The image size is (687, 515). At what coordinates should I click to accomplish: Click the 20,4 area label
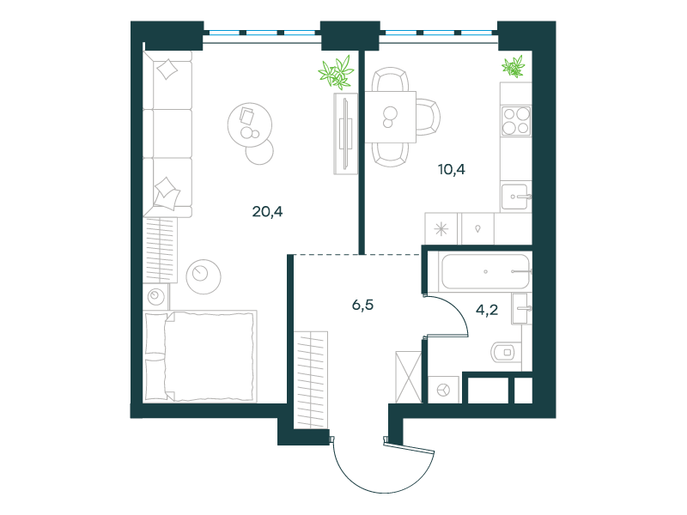pos(267,212)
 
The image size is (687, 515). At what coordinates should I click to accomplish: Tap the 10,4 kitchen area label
pos(452,169)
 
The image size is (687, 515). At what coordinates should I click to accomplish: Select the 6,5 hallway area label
pos(362,305)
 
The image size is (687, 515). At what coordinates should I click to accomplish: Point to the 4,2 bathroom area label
pos(487,310)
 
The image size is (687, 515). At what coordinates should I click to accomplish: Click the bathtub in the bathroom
pos(485,271)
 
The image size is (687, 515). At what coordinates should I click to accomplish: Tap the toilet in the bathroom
pos(506,352)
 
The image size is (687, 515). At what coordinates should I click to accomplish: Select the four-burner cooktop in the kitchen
pos(516,121)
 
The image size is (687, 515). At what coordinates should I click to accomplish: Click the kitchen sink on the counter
pos(516,197)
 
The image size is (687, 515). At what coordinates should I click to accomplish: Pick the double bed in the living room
pos(200,356)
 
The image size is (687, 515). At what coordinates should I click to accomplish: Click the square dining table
pos(391,117)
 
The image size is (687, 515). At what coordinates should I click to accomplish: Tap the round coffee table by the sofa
pos(250,125)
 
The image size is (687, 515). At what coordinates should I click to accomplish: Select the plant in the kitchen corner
pos(514,67)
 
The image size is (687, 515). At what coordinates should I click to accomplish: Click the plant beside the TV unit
pos(337,72)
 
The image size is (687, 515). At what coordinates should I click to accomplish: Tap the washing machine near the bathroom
pos(444,390)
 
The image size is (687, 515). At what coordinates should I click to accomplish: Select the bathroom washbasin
pos(521,309)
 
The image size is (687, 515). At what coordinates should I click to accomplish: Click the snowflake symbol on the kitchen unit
pos(441,229)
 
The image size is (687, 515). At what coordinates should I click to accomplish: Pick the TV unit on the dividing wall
pos(346,134)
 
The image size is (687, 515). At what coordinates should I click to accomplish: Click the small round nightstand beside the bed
pos(155,297)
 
